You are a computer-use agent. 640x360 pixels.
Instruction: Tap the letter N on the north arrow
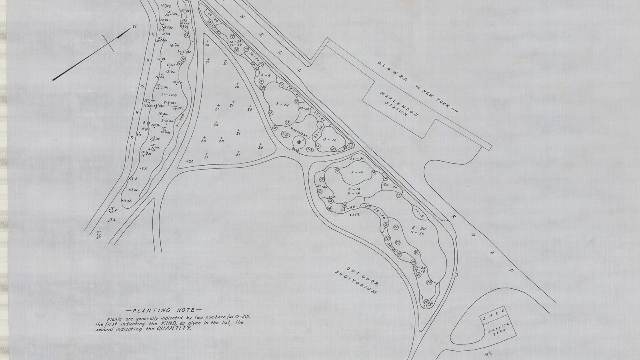tap(135, 27)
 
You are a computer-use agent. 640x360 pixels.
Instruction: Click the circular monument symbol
tap(298, 142)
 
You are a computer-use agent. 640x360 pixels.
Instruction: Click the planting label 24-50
tap(356, 159)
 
